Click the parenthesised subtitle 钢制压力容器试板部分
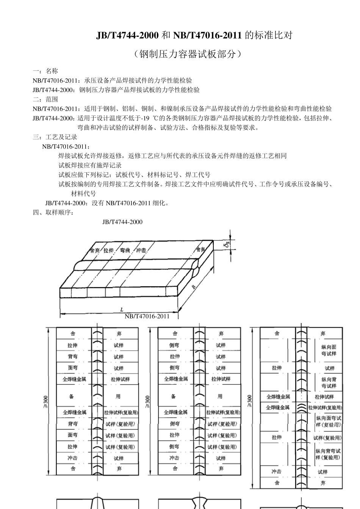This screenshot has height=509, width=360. coord(187,54)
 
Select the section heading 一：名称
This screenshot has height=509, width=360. coord(45,71)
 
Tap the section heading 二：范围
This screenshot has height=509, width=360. coord(45,99)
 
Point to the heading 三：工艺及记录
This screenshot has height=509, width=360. coord(55,137)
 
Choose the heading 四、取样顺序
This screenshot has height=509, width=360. coord(54,212)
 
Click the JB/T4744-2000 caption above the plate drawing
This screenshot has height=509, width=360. coord(122,222)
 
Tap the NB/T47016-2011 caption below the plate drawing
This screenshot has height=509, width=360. coord(147,316)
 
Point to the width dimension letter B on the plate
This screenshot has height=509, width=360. coord(194,287)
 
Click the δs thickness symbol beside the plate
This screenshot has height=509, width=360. coord(226,245)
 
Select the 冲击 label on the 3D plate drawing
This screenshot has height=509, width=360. coord(141,251)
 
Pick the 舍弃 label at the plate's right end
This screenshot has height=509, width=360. coord(200,250)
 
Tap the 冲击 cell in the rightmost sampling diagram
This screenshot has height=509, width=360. coord(277,472)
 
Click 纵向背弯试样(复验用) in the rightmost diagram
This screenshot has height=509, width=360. coord(328,454)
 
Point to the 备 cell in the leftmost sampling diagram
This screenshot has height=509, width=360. coord(72,396)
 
